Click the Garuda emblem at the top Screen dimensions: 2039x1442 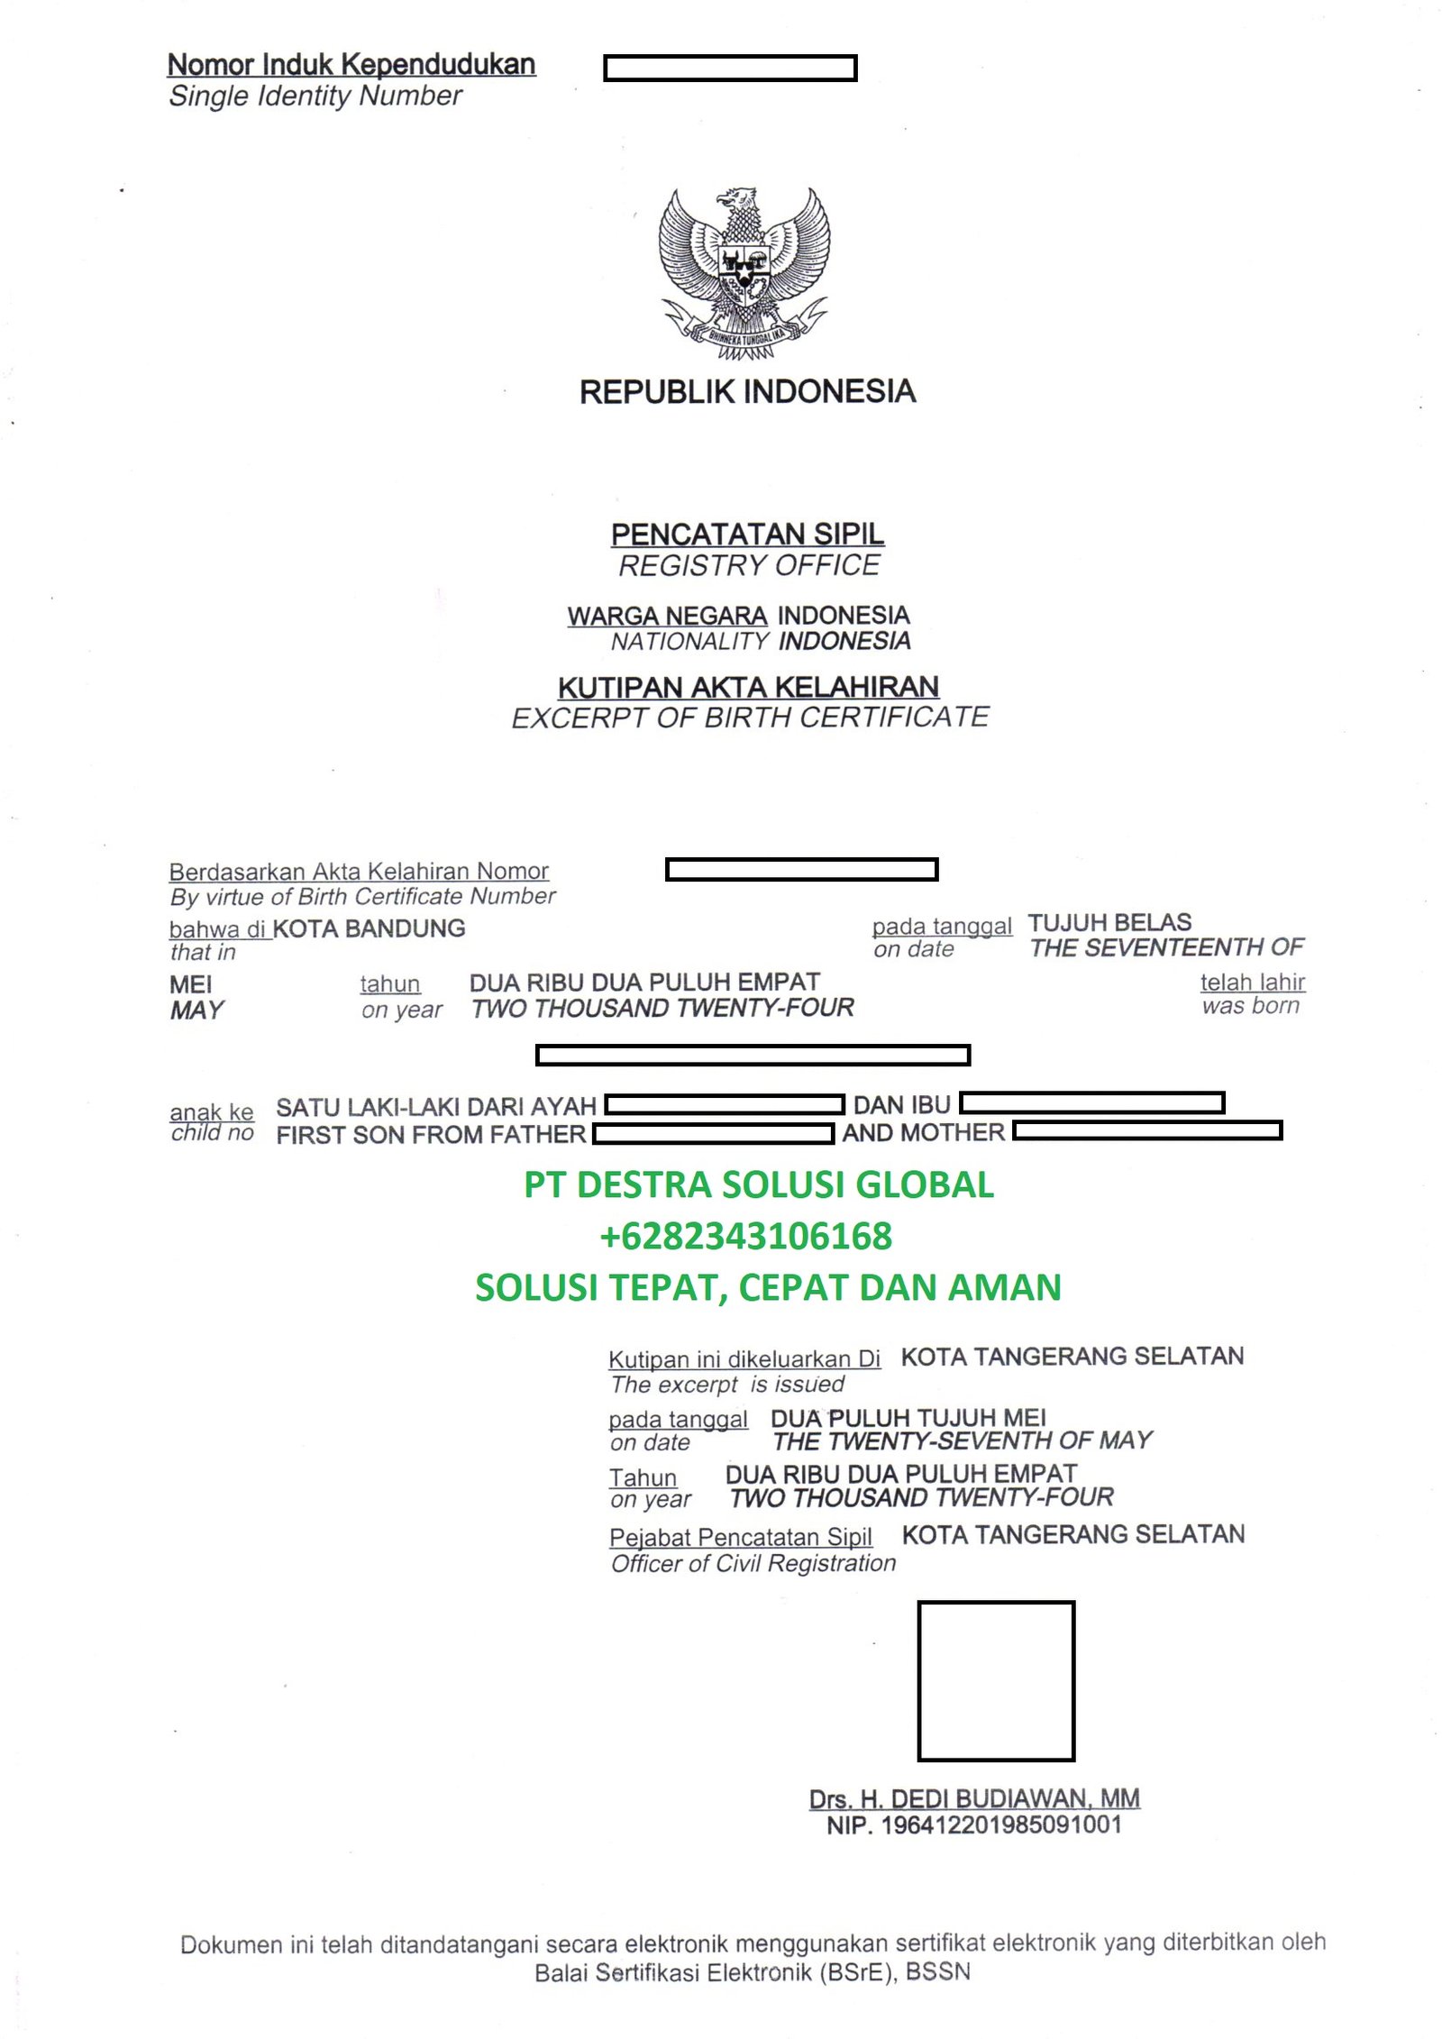pos(744,272)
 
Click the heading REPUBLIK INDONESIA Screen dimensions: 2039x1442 pos(747,392)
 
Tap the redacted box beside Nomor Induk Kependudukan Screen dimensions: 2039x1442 pos(729,69)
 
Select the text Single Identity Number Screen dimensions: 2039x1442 pos(315,96)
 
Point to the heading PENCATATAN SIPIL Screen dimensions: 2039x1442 pos(747,534)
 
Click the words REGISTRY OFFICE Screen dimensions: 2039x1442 pos(748,566)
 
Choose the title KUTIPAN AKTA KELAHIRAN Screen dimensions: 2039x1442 pos(748,687)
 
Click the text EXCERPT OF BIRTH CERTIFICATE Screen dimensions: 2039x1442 pos(750,718)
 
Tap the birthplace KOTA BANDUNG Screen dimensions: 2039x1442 pos(369,928)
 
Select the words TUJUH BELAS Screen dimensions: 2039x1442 pos(1109,922)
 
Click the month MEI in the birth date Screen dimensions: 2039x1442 pos(191,983)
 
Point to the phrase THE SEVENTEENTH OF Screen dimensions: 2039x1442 pos(1166,947)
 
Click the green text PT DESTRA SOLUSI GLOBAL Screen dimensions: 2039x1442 pos(758,1184)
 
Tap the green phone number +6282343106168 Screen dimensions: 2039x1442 pos(745,1236)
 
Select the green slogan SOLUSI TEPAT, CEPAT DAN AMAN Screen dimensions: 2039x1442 pos(768,1287)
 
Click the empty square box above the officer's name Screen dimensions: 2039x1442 pos(995,1680)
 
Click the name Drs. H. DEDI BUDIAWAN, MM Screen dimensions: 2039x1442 pos(973,1799)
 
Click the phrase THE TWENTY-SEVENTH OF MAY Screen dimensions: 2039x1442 pos(962,1440)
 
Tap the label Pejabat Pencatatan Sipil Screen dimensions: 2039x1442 pos(740,1537)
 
